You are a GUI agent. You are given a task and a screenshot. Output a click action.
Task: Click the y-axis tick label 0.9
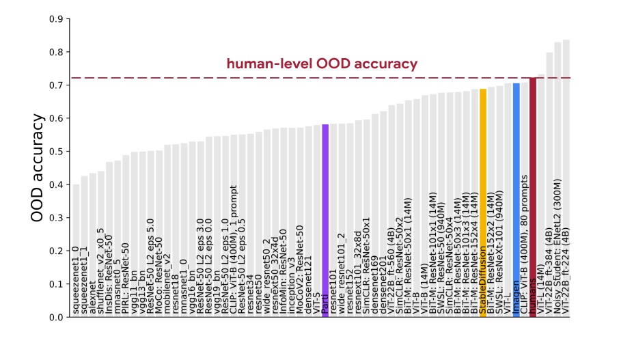point(56,19)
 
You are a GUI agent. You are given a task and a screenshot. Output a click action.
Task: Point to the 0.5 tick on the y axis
point(56,152)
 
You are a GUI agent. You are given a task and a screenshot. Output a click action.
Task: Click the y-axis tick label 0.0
point(56,318)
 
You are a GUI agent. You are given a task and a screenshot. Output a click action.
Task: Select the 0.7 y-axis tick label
point(56,85)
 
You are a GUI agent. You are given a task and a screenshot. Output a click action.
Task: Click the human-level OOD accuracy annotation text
point(322,64)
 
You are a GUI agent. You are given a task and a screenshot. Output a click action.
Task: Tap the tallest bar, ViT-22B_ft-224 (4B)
point(566,137)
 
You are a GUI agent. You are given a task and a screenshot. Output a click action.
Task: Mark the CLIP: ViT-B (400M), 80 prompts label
point(525,253)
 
